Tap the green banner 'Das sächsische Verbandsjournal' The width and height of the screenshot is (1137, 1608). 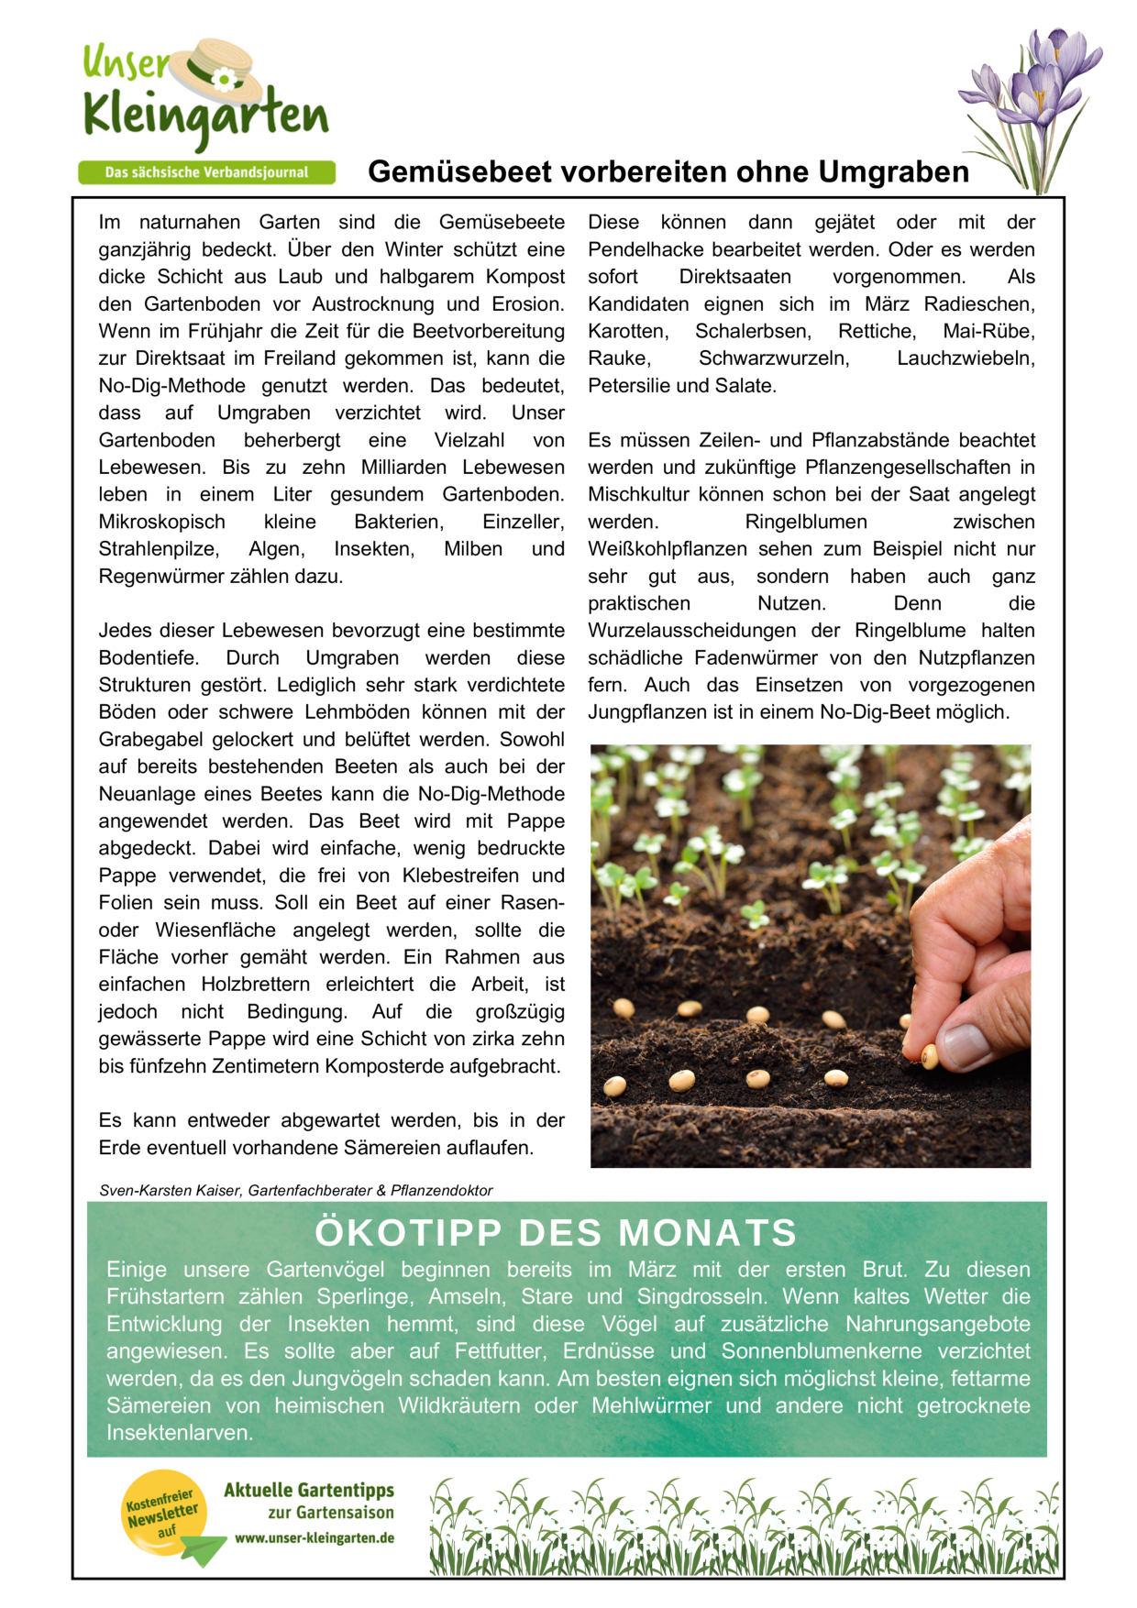point(206,172)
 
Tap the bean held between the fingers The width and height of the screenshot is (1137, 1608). point(929,1057)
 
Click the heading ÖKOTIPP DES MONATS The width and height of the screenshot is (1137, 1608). point(556,1233)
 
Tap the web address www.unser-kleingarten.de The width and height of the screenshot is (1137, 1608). point(315,1537)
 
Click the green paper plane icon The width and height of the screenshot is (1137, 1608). point(203,1550)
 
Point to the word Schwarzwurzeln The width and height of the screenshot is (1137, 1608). point(774,358)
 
